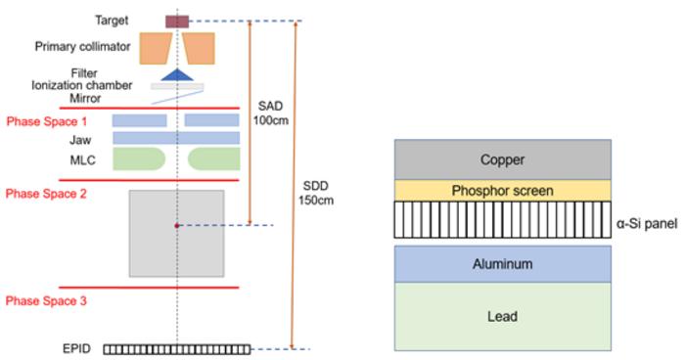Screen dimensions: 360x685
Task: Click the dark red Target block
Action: click(176, 21)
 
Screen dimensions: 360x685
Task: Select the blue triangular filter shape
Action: click(177, 74)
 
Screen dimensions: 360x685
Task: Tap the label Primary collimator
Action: click(81, 46)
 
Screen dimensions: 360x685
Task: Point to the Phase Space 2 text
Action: click(46, 194)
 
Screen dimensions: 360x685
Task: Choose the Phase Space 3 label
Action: click(46, 301)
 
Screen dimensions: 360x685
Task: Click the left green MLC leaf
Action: click(137, 158)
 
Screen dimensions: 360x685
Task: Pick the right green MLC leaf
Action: click(214, 158)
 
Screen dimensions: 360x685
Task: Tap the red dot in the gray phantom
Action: click(177, 226)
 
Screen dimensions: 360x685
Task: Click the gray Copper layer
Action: click(503, 159)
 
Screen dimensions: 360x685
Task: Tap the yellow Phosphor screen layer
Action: click(503, 190)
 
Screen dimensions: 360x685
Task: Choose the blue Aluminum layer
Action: click(503, 264)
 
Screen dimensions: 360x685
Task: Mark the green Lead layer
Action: click(503, 316)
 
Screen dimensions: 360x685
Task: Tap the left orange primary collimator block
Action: click(154, 47)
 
